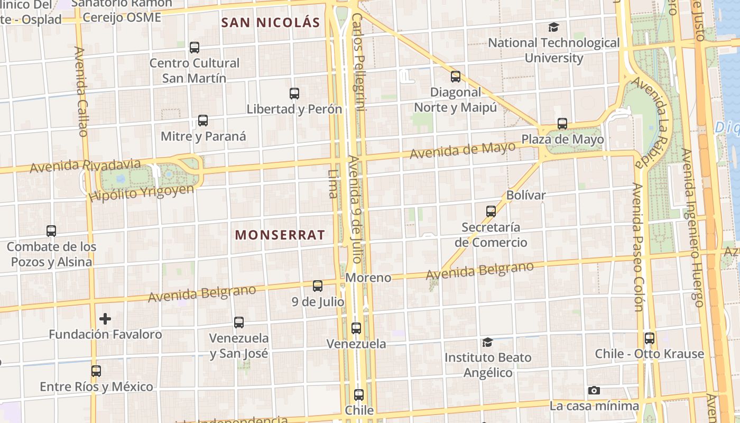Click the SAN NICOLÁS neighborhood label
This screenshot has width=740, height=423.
click(271, 23)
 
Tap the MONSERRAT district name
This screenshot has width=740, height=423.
click(280, 235)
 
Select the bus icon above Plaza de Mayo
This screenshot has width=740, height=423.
click(562, 124)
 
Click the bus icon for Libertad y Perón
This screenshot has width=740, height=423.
click(294, 94)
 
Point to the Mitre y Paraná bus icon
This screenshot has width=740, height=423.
click(203, 121)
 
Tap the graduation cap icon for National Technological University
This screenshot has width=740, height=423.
click(553, 27)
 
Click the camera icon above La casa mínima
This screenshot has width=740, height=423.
click(594, 391)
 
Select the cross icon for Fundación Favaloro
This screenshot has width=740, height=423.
click(105, 319)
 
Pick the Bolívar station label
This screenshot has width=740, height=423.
click(526, 195)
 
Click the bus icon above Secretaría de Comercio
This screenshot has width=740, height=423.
click(491, 212)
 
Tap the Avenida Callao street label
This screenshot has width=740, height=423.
click(81, 91)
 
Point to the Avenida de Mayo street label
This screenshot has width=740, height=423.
click(462, 150)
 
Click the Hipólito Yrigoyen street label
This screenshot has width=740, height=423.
click(141, 192)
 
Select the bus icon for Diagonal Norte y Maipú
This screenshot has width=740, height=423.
click(456, 77)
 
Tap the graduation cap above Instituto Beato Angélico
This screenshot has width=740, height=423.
click(487, 343)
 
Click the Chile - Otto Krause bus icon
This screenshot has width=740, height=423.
click(649, 338)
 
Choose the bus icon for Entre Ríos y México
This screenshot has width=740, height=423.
click(96, 371)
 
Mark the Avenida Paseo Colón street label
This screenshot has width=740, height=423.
click(639, 247)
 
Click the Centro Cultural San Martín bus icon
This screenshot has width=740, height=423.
click(195, 48)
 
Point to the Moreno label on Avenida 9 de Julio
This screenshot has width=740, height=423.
click(368, 278)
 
